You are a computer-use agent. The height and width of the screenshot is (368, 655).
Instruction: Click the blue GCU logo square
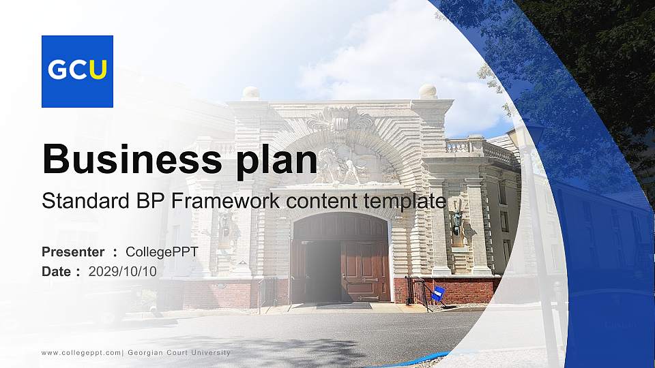77,72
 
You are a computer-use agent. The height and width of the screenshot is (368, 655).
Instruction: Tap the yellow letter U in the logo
98,70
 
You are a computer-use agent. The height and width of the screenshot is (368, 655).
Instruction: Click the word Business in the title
132,159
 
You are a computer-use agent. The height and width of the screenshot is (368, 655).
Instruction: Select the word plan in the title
276,162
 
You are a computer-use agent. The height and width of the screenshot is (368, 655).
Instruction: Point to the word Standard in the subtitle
86,200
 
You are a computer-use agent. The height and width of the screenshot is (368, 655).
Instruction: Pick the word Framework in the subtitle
225,200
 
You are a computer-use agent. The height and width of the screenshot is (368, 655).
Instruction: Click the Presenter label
73,252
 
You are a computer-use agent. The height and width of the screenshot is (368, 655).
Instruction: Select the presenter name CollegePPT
162,252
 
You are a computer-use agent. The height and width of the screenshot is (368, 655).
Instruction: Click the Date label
57,272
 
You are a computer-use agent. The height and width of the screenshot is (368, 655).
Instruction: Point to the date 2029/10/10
122,272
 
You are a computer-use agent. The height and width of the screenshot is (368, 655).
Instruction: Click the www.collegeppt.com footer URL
81,353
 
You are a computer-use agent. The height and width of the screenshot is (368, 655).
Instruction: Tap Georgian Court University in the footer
179,352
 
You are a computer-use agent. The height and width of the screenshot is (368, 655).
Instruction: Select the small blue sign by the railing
438,294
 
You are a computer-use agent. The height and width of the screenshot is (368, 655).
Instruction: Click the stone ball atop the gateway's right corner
428,91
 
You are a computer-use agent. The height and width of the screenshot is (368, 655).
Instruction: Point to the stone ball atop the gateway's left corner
251,93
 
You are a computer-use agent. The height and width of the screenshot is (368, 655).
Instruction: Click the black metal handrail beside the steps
420,293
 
